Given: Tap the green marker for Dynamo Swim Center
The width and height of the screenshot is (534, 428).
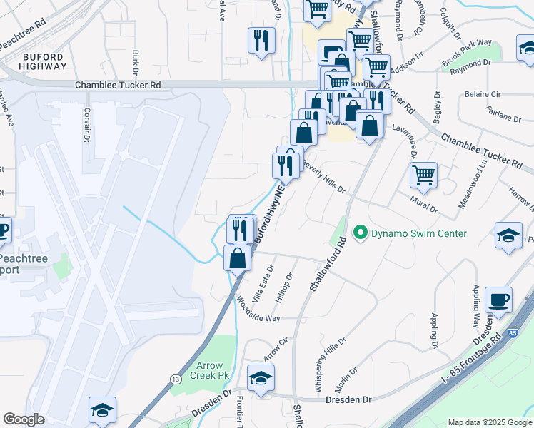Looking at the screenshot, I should [x=361, y=233].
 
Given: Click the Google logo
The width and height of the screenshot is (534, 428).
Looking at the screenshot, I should [x=24, y=419].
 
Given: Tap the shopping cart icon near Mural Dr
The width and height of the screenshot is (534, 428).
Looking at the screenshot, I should [x=423, y=175].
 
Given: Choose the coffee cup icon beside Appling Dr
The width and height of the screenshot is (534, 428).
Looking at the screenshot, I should [x=498, y=300].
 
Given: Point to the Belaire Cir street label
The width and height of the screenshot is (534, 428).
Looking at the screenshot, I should [x=482, y=94].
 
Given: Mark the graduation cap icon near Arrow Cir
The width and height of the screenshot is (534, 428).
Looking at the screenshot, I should [x=261, y=377].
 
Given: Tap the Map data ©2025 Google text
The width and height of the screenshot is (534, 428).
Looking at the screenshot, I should [x=490, y=422].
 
